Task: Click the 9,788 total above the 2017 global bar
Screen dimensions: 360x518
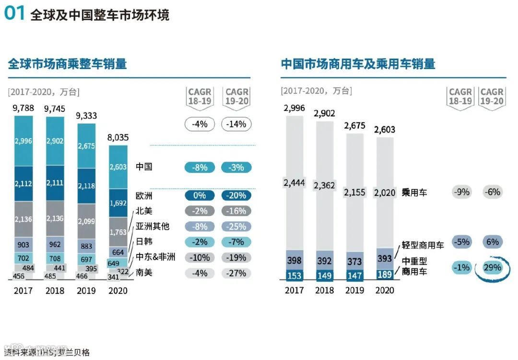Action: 24,108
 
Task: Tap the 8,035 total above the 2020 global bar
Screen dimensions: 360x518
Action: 118,138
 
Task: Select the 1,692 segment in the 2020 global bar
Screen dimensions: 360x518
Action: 118,203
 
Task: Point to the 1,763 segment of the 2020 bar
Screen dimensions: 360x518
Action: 118,232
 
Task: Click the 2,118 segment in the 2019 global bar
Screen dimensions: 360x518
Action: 86,186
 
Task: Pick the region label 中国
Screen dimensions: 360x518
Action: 144,167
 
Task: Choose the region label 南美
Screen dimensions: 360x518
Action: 144,273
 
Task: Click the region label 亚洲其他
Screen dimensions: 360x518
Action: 153,226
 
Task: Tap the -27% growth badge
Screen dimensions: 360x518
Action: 236,273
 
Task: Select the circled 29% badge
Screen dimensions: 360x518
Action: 492,267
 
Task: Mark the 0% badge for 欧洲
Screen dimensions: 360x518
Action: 199,195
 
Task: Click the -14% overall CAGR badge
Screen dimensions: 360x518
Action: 236,124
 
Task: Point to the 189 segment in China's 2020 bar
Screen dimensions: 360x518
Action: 385,274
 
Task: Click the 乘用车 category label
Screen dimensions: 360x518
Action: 414,192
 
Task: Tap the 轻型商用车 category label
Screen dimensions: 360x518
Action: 423,245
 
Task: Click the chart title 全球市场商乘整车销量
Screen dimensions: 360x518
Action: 67,64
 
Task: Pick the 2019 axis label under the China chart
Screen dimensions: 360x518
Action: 354,290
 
